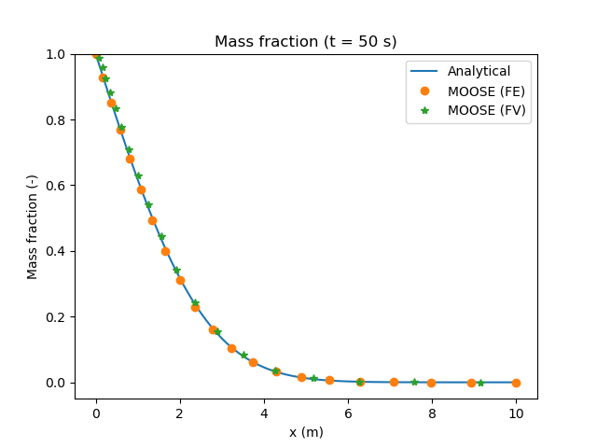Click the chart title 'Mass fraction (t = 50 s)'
(x=306, y=42)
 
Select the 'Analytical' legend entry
(x=479, y=71)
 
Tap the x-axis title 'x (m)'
(x=306, y=432)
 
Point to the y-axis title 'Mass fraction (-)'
(x=33, y=227)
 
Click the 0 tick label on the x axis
(x=96, y=413)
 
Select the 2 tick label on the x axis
(x=180, y=413)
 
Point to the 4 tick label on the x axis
(x=264, y=413)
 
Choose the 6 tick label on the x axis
(x=348, y=413)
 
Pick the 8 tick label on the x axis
(x=432, y=413)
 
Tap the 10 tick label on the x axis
(x=516, y=413)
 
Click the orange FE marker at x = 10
(x=516, y=383)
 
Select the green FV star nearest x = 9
(x=480, y=383)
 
